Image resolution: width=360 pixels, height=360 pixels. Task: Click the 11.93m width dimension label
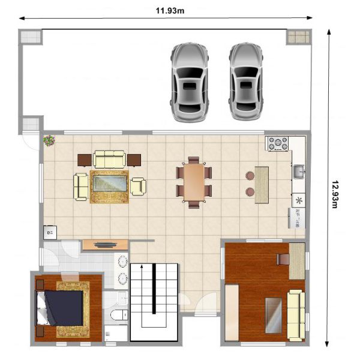pos(170,11)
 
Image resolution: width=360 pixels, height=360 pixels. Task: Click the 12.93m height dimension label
pos(335,194)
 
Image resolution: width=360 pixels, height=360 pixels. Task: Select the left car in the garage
pos(190,82)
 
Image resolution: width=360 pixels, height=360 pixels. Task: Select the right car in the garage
pos(246,82)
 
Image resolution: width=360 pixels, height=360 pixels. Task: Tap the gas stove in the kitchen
pos(278,143)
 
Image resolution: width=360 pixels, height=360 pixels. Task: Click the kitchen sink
pos(299,172)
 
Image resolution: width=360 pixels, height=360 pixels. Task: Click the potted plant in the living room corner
pos(49,140)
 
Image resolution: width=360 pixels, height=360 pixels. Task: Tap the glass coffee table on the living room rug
pos(110,183)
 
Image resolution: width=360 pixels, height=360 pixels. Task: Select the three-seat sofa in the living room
pos(109,159)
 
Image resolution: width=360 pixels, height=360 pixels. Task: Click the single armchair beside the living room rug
pos(138,187)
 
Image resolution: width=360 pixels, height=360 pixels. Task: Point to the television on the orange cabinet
pos(104,245)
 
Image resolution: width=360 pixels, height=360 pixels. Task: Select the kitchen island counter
pos(262,185)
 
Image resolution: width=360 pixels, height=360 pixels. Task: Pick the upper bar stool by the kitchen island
pos(250,176)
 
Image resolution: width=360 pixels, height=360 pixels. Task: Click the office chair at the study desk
pos(283,259)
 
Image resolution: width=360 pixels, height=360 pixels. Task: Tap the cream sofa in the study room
pos(296,316)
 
